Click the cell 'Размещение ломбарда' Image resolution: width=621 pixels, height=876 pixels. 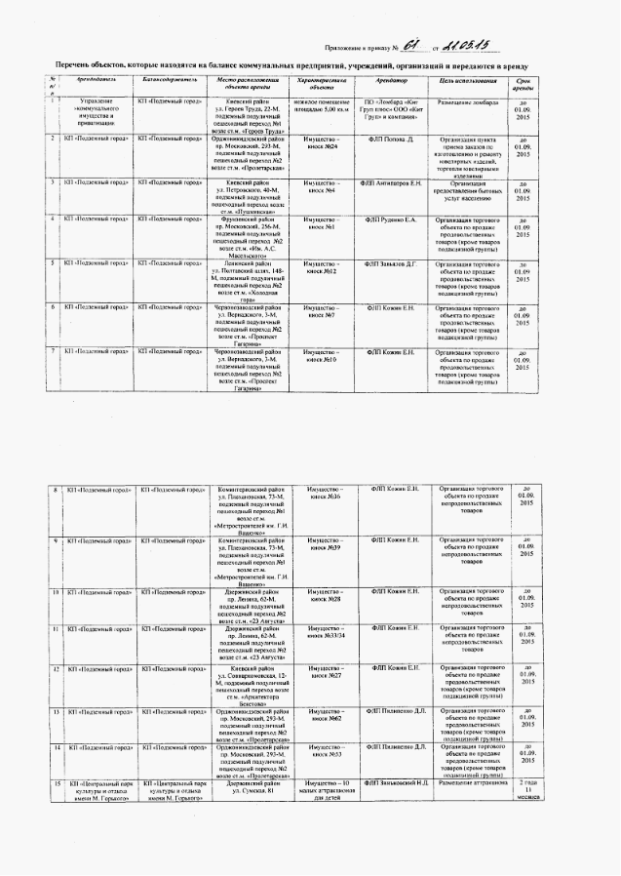point(469,101)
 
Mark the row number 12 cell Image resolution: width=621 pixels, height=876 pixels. point(57,668)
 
